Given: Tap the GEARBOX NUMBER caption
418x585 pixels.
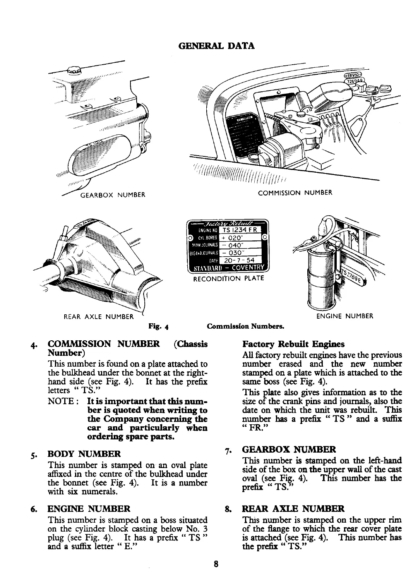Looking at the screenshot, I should pyautogui.click(x=112, y=195).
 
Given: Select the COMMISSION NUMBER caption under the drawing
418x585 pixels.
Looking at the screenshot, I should pyautogui.click(x=295, y=192).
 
